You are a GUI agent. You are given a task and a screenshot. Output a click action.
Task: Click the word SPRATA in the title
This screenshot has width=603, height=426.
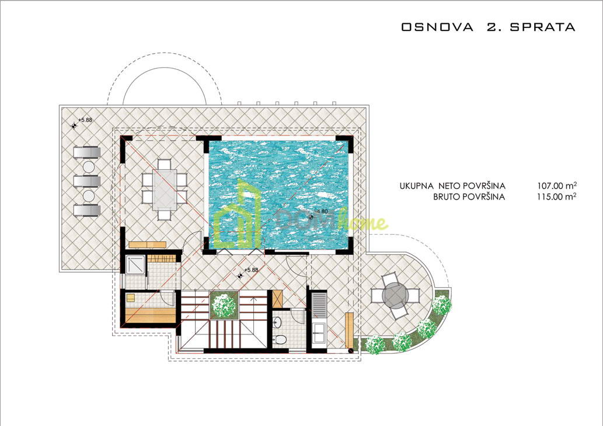[542, 27]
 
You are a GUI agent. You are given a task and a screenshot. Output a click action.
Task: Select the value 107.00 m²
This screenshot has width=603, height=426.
[557, 186]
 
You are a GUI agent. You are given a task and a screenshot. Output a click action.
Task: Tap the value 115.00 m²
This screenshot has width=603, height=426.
[557, 197]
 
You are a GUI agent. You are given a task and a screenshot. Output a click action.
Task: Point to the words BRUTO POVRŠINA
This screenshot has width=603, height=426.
[469, 197]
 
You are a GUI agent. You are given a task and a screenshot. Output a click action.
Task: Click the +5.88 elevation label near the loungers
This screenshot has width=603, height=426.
[85, 120]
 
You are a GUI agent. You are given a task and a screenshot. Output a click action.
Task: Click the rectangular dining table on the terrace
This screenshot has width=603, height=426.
[164, 190]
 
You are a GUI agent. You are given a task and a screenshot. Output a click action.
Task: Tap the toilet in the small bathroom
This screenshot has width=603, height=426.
[280, 340]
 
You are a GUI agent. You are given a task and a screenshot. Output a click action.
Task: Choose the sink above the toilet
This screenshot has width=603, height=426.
[277, 322]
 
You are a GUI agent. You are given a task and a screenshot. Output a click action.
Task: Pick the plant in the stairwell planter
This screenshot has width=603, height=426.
[224, 305]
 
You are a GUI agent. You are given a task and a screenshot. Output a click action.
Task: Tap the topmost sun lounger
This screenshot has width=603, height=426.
[88, 152]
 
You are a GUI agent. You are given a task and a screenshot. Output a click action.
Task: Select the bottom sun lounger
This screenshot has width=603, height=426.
[88, 211]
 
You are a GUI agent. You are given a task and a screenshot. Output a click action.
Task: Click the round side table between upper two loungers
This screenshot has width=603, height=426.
[89, 167]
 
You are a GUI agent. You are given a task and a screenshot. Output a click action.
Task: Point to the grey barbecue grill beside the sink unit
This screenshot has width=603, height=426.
[319, 305]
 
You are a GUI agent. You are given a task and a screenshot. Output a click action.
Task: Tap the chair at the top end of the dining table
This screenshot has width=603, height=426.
[164, 164]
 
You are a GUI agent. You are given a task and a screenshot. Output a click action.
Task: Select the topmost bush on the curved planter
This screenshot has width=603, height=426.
[442, 305]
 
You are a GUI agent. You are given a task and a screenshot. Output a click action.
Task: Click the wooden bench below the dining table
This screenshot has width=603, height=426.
[147, 245]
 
